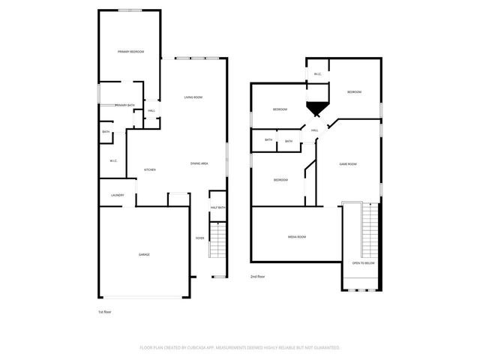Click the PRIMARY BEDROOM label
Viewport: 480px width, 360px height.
point(130,52)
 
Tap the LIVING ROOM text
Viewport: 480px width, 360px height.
point(194,97)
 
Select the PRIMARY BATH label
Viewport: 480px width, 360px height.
point(124,105)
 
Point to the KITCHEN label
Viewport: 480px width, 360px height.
point(149,170)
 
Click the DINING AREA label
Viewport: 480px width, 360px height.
point(199,163)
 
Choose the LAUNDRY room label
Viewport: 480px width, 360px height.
point(117,196)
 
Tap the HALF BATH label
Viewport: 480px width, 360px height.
point(217,208)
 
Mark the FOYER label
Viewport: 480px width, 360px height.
point(199,238)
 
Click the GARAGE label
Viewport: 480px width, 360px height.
point(143,255)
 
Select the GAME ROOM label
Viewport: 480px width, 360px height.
point(347,164)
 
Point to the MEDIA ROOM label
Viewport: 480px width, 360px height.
point(297,237)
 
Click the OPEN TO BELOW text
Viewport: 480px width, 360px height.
point(363,263)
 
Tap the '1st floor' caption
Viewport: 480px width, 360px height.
point(105,310)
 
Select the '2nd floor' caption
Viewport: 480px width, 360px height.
point(258,277)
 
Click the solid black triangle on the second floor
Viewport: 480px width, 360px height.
point(316,109)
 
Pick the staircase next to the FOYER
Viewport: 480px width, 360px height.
point(217,244)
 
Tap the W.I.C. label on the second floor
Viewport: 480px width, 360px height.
point(318,74)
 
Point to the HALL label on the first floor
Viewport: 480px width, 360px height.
point(151,111)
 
